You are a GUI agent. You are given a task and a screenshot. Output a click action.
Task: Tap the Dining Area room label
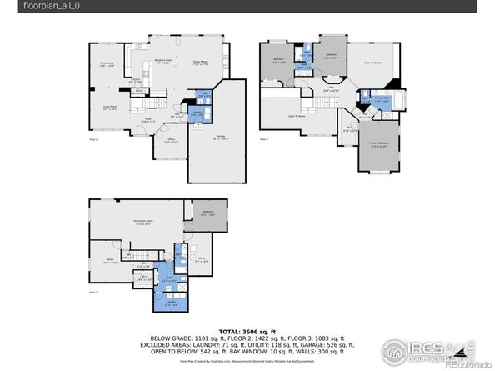[x=107, y=65]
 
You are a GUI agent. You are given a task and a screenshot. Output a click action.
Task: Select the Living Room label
[x=108, y=108]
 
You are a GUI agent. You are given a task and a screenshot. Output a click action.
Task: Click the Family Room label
[x=199, y=63]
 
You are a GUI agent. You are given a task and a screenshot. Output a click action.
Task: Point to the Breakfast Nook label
[x=163, y=62]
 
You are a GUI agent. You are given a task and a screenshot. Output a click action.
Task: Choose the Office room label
[x=171, y=140]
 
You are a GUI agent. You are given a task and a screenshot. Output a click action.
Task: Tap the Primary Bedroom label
[x=378, y=145]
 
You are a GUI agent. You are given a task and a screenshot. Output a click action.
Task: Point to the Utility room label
[x=197, y=261]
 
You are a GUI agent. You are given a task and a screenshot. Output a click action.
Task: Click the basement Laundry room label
[x=169, y=304]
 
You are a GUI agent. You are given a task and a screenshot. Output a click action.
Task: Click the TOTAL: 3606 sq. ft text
[x=247, y=332]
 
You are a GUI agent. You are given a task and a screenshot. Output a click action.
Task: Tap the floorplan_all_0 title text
[x=29, y=7]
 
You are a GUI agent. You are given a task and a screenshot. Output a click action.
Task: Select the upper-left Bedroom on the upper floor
[x=278, y=60]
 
